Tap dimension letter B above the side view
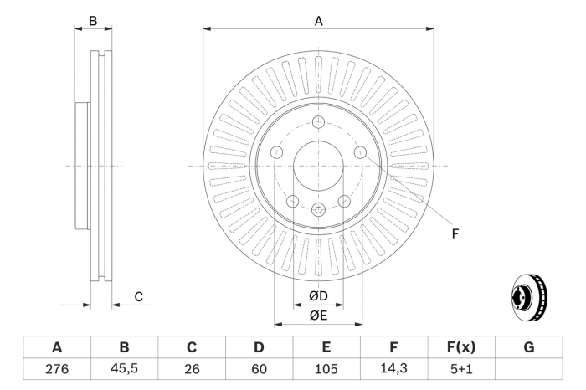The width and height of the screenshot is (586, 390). coord(94,21)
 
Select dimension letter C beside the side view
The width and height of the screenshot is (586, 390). coord(139,296)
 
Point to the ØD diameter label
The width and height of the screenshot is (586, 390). coord(318,296)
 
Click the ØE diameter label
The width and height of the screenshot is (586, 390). coord(318,315)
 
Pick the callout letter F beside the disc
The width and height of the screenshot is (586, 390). coord(455,233)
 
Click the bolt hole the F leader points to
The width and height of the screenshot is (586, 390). coord(360,151)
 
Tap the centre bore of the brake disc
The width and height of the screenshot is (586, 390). coord(318,166)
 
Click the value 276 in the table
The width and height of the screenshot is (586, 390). coord(57,368)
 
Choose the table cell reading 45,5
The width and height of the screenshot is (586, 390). coord(124,368)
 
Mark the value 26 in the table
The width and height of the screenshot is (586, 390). coord(192,368)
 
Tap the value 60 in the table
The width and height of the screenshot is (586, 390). coord(259,368)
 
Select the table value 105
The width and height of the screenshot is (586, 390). coord(326,368)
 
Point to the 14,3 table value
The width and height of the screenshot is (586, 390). coord(393,368)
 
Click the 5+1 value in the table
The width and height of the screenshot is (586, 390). coord(461,368)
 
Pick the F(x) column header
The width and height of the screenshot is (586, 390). coord(461,347)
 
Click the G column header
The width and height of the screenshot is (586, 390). coord(528,347)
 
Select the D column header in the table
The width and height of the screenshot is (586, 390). coord(259,347)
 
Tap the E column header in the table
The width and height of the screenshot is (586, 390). coord(326,347)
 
